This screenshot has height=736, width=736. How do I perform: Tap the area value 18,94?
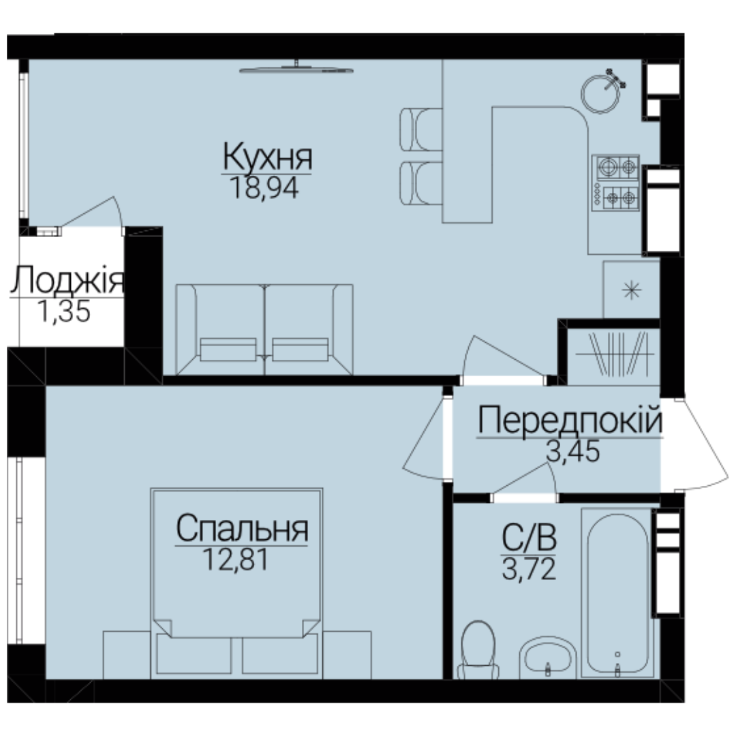(264, 188)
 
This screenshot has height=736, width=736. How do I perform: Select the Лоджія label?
(67, 280)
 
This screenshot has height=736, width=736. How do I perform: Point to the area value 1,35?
(64, 311)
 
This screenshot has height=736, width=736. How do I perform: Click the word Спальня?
(242, 529)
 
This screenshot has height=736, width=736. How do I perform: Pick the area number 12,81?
(236, 559)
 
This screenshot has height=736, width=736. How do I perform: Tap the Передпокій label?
(570, 420)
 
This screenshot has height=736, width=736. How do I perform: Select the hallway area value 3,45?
(573, 451)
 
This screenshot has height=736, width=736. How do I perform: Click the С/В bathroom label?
(529, 538)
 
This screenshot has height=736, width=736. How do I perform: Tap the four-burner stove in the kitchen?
(615, 183)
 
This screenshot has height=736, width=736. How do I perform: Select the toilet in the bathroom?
(478, 650)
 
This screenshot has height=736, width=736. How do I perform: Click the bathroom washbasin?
(548, 658)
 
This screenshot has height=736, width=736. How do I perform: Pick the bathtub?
(617, 594)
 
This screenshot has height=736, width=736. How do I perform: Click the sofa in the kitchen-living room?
(264, 330)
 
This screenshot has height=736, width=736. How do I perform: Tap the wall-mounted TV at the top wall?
(296, 69)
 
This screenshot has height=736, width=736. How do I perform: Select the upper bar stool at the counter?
(421, 129)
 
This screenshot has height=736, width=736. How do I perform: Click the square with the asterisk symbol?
(631, 289)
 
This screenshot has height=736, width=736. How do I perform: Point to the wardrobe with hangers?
(614, 355)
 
